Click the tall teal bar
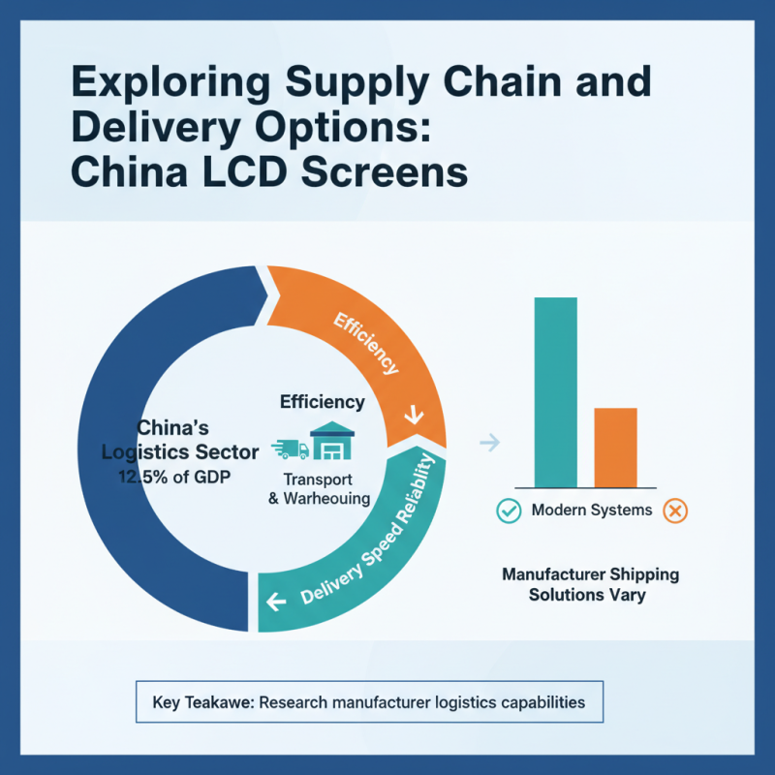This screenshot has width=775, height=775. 555,392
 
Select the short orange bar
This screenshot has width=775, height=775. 615,448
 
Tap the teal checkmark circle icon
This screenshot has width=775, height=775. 509,511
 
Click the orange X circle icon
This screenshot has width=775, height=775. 675,511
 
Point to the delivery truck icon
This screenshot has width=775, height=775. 290,449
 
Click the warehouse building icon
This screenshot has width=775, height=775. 332,440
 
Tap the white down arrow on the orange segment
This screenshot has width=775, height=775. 414,416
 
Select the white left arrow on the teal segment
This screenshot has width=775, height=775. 276,602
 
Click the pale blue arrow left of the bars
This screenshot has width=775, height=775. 490,442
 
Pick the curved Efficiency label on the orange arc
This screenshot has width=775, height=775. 366,343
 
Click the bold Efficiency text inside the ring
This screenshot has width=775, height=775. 323,402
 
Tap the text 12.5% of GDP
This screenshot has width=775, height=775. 174,477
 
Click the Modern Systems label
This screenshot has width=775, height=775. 592,511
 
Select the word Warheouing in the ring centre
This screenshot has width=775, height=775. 326,498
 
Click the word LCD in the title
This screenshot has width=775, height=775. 245,172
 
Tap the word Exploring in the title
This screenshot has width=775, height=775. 171,82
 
